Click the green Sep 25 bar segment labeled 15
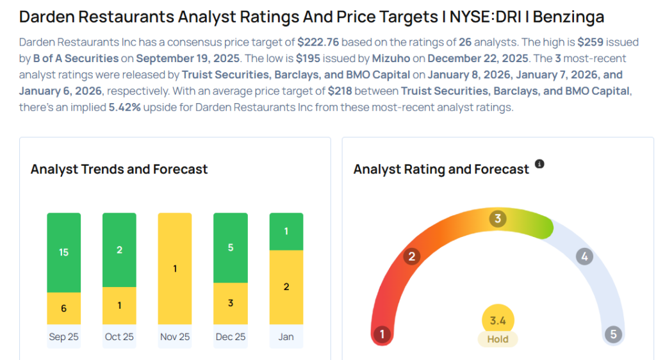(63, 252)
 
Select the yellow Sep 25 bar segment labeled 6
(63, 308)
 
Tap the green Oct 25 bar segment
(119, 250)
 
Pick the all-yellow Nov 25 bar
(175, 268)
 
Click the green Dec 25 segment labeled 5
(230, 248)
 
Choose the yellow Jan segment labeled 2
(286, 287)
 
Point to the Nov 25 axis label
(175, 336)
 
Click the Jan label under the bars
(286, 336)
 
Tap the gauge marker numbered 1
(382, 334)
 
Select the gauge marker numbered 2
(412, 257)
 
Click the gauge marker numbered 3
(497, 219)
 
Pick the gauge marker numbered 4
(584, 257)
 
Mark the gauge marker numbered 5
(613, 334)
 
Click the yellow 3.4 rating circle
(498, 320)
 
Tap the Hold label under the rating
(498, 340)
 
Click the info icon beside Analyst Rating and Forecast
(539, 165)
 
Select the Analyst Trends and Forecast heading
(119, 170)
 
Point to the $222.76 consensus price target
(318, 42)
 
